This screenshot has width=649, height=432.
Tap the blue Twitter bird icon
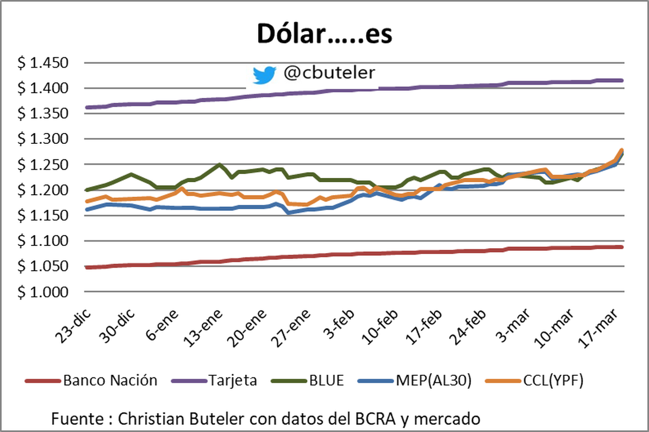click(x=264, y=75)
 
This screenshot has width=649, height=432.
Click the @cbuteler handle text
click(x=329, y=73)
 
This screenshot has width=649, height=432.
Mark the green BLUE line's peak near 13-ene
click(x=219, y=164)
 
